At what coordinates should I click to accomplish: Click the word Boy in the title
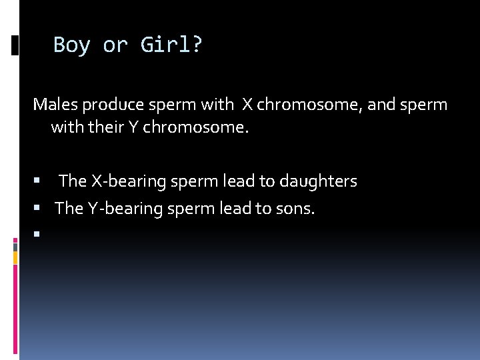(x=71, y=45)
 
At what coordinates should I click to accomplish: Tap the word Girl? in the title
(x=171, y=45)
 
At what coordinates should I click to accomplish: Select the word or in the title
(x=115, y=45)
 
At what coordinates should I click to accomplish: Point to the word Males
(x=55, y=105)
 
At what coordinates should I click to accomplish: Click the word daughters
(x=319, y=181)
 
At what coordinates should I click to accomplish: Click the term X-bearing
(x=123, y=181)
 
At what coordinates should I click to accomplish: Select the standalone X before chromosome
(x=247, y=105)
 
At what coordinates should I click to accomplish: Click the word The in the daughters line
(x=73, y=181)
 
